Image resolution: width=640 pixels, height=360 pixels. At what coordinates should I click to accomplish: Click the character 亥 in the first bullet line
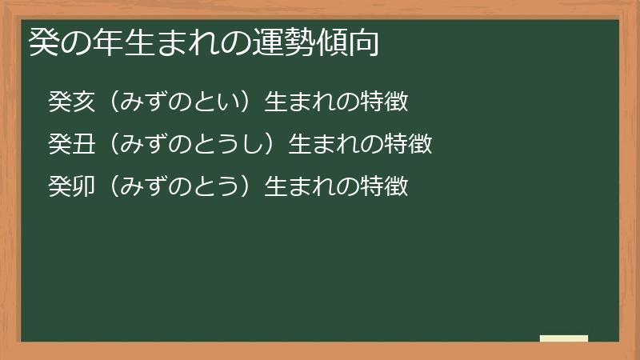pos(84,102)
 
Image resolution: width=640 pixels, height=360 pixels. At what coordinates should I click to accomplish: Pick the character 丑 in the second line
pos(84,144)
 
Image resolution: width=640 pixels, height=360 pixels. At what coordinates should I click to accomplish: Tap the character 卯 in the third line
pos(84,186)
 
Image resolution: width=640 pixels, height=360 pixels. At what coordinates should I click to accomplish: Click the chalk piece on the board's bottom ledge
pos(564,338)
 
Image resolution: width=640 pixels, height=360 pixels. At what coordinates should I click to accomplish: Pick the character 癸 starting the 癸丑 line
pos(60,144)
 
